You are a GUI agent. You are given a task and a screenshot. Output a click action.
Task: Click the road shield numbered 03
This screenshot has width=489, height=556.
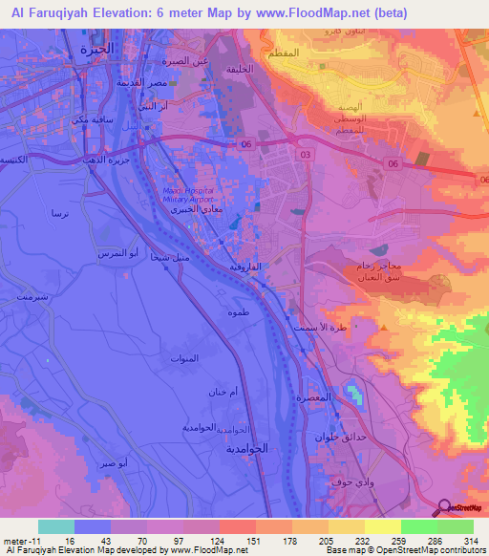tap(305, 153)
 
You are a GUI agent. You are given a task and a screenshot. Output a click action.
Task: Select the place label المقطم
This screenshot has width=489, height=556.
tap(308, 53)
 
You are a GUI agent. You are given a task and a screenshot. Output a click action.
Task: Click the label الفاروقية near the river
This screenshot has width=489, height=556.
tap(244, 268)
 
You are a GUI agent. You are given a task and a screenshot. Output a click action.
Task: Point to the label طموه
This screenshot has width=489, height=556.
tap(239, 313)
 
